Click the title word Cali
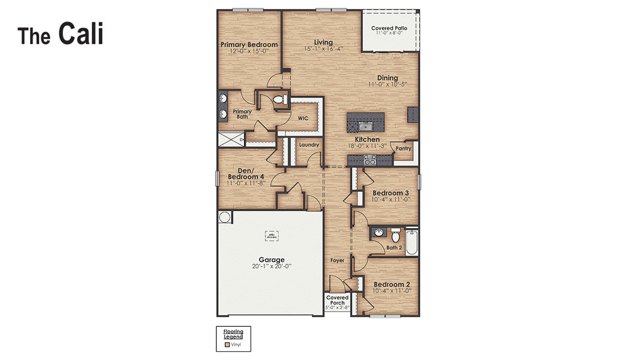[x=81, y=34]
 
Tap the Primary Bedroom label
[x=249, y=45]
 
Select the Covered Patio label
[x=389, y=28]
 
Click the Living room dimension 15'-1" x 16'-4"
[x=324, y=49]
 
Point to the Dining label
[x=387, y=78]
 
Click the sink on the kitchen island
[x=365, y=127]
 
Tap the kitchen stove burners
[x=369, y=160]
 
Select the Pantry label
[x=403, y=148]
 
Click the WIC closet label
[x=303, y=118]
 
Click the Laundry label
[x=309, y=145]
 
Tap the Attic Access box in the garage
[x=272, y=236]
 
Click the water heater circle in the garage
[x=225, y=217]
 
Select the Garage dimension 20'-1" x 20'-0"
[x=272, y=266]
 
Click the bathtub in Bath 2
[x=412, y=241]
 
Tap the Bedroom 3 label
[x=390, y=193]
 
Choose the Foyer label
[x=337, y=260]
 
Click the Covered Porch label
[x=337, y=300]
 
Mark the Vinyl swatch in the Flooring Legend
[x=227, y=345]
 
